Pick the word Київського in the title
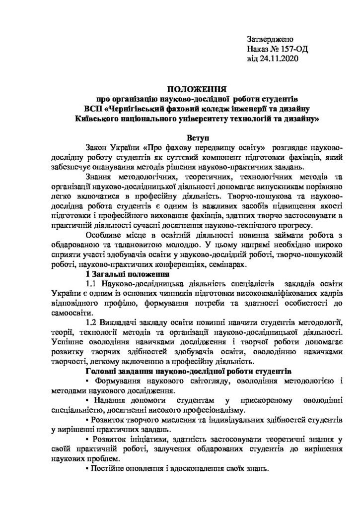[x=94, y=119]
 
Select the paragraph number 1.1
[x=92, y=285]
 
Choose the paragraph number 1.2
[x=92, y=323]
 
